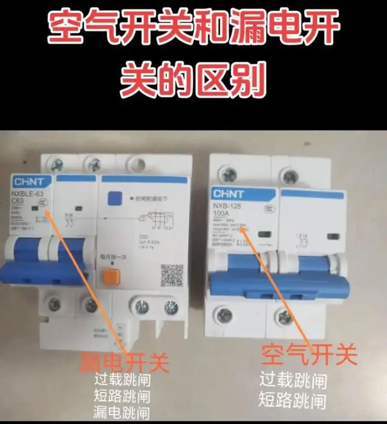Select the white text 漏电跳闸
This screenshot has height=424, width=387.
pyautogui.click(x=121, y=412)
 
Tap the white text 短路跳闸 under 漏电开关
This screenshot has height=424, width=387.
pyautogui.click(x=121, y=396)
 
